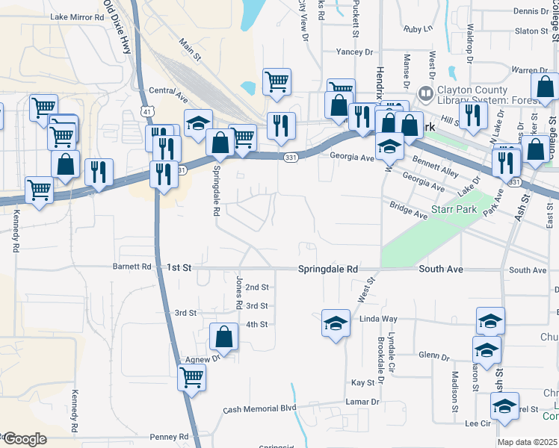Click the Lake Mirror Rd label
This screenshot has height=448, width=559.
pos(78,16)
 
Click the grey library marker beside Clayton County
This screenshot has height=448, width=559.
pos(426,94)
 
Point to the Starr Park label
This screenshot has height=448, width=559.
pos(454,210)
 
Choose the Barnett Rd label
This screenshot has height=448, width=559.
pos(132,267)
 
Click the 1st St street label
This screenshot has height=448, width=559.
pos(179,267)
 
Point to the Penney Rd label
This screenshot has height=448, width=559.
pos(169,437)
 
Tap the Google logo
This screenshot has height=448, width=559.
pos(24,439)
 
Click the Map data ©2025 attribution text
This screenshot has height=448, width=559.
pos(528,443)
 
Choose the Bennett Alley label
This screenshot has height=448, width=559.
pos(435,161)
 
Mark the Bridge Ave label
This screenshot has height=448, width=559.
pos(407,210)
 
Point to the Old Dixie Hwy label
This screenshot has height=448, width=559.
pos(118,30)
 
